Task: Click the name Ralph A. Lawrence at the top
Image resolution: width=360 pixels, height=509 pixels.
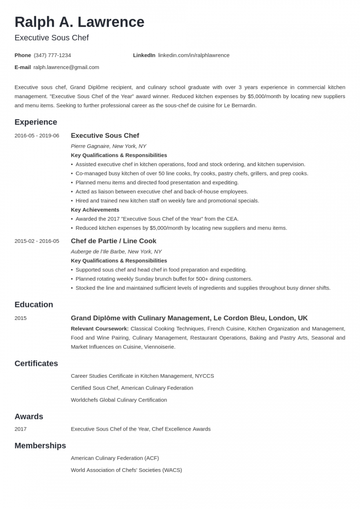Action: (79, 22)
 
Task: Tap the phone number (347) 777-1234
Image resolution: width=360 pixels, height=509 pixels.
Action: (52, 55)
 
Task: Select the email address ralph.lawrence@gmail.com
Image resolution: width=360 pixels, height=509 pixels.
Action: (66, 67)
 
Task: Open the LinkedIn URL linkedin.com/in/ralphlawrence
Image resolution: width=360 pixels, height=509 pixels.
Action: (194, 55)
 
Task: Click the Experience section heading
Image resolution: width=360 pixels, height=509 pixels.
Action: (36, 122)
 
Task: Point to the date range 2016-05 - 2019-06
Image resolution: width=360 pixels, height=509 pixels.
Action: (37, 136)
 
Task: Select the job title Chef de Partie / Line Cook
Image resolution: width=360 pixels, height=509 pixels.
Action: (114, 241)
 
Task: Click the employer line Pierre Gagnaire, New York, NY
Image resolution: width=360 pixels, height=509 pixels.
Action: (108, 146)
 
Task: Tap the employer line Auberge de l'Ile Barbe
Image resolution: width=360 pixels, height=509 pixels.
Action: (116, 252)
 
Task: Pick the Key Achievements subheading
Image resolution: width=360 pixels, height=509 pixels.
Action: (95, 210)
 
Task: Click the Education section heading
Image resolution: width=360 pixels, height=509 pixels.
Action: (34, 305)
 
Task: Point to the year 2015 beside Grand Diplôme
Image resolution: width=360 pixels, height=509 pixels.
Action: (21, 318)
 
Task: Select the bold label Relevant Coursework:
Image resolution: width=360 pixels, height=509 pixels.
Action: (99, 329)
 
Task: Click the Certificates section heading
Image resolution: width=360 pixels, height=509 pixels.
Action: (36, 364)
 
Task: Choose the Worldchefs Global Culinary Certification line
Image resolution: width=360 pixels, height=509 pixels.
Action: (119, 400)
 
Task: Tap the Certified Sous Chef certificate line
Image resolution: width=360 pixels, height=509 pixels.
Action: (132, 388)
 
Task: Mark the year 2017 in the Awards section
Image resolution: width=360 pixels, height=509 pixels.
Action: (21, 429)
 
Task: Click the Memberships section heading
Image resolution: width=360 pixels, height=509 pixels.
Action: (40, 446)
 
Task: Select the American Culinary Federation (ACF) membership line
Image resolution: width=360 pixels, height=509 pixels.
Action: (115, 458)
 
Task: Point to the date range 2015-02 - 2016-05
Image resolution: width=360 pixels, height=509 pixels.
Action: (37, 241)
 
